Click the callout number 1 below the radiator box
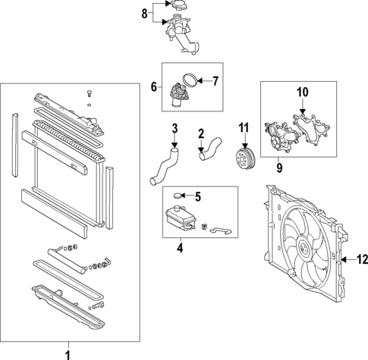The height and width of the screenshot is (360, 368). [68, 355]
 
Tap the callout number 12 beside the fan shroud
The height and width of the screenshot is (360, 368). [362, 259]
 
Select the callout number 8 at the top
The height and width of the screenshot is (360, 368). [144, 14]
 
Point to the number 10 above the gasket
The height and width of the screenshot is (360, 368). [303, 92]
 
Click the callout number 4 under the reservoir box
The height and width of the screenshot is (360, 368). [180, 248]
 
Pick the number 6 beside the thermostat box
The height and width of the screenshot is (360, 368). [154, 86]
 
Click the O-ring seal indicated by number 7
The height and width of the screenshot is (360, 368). [190, 80]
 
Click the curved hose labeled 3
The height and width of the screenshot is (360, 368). [164, 167]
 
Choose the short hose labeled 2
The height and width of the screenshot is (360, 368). [209, 149]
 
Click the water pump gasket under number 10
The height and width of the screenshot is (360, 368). [311, 130]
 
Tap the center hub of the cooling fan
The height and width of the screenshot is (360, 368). [304, 249]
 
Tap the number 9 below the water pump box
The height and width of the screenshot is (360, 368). [279, 168]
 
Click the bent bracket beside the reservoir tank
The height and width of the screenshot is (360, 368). [221, 230]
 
